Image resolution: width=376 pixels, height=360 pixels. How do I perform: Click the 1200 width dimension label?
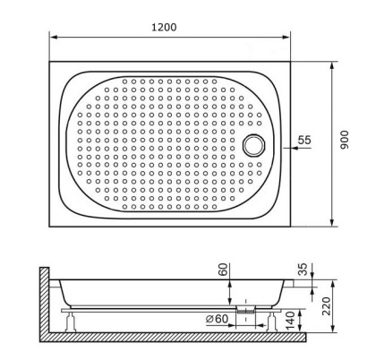165,27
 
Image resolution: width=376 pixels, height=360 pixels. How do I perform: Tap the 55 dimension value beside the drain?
304,141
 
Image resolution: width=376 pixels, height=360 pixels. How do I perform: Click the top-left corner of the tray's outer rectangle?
50,62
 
